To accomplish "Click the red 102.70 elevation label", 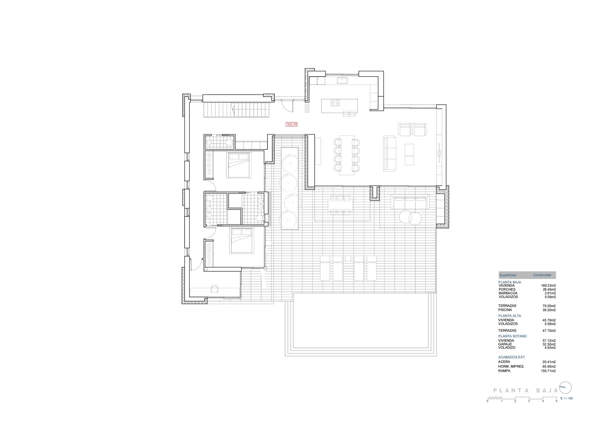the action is pos(291,124).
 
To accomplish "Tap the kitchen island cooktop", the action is pos(335,103).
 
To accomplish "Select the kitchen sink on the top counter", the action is pos(342,81).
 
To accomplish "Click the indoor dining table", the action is pos(347,155).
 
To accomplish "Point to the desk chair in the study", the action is pos(215,289).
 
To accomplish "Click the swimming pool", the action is pos(361,324).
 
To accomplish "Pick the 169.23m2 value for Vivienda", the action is pos(548,285).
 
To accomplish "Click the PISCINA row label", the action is pos(505,310).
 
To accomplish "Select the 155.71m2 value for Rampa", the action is pos(548,371).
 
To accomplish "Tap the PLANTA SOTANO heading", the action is pos(513,336).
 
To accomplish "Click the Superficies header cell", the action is pos(508,275).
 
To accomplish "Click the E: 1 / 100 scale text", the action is pos(567,398).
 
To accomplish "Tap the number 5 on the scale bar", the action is pos(556,401).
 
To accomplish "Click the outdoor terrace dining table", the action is pos(340,205).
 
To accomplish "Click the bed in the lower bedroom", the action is pos(242,241).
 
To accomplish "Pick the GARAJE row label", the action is pos(505,344).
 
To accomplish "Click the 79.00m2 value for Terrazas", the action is pos(549,306).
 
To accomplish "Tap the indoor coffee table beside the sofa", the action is pos(409,154).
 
